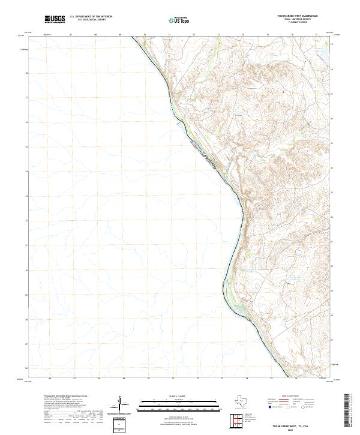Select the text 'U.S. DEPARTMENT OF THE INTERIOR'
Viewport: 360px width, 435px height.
pos(91,17)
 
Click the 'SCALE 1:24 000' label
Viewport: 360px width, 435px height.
pos(179,397)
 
